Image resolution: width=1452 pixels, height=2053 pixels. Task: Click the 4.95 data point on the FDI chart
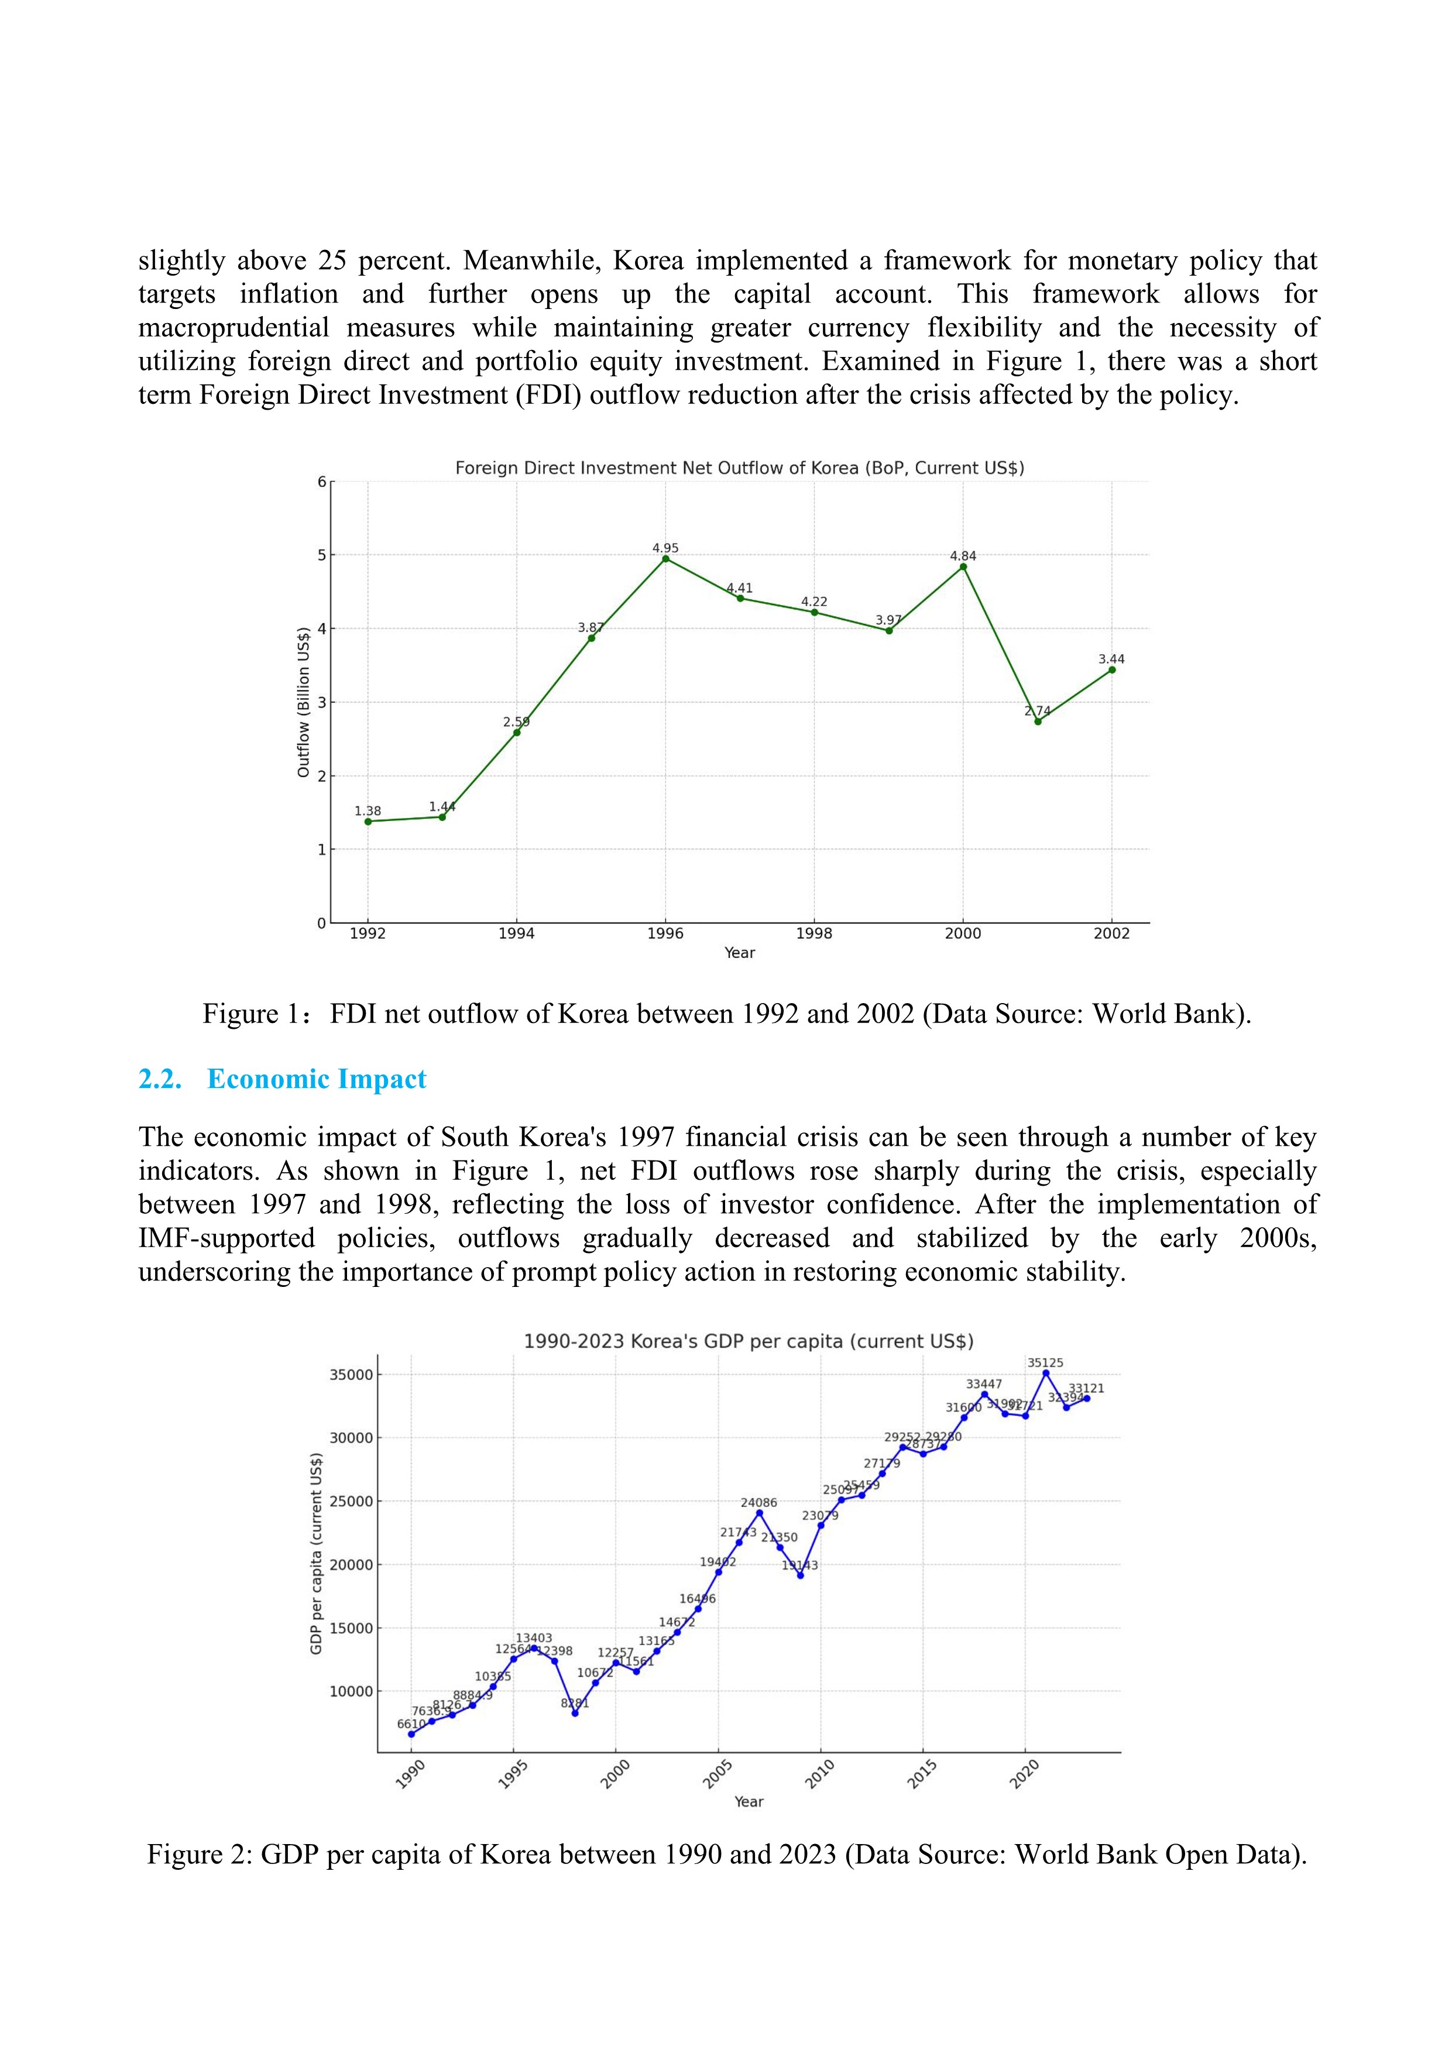665,559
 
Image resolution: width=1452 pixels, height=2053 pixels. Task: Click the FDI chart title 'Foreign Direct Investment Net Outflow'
739,468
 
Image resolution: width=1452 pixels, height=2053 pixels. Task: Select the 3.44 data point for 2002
1111,670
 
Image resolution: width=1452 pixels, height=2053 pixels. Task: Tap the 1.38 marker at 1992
368,821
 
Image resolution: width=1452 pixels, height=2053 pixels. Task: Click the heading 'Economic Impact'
317,1079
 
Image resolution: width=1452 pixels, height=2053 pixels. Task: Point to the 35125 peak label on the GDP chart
1045,1362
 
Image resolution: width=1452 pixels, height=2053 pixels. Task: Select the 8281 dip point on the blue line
575,1713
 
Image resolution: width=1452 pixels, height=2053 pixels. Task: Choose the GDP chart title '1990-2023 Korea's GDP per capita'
749,1341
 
